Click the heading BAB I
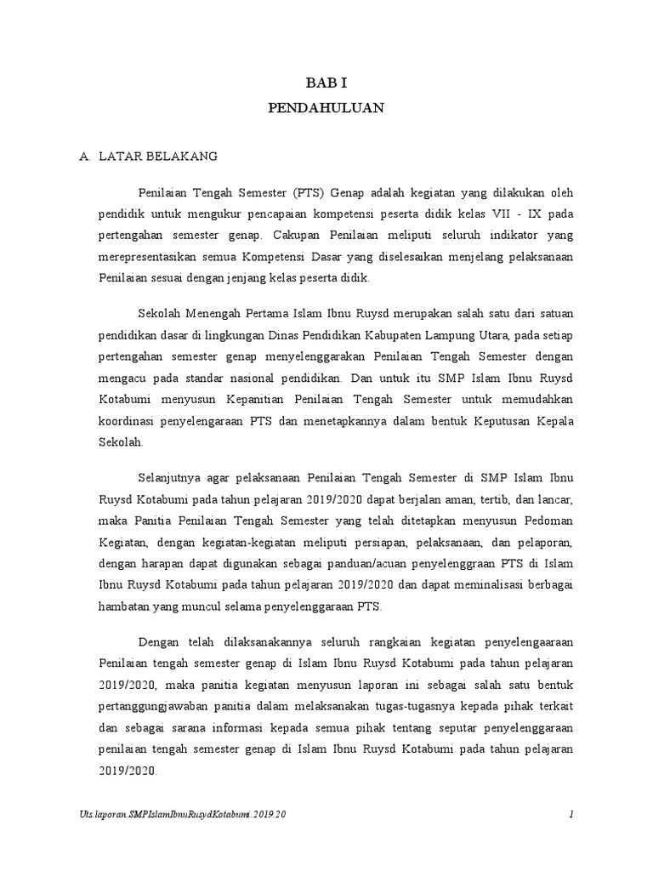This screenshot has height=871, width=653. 326,83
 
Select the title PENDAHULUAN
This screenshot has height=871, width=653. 326,108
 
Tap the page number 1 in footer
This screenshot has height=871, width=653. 571,814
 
